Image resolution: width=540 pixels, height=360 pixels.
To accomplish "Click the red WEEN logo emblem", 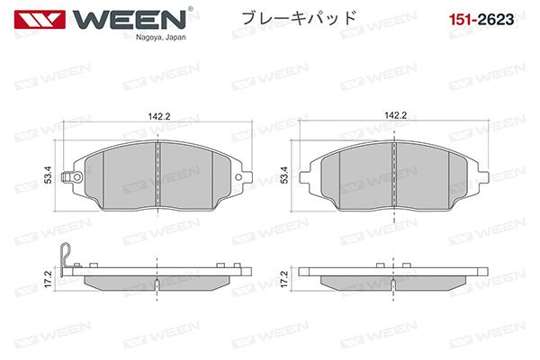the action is tap(40, 19).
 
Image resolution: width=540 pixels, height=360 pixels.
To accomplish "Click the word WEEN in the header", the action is tap(129, 19).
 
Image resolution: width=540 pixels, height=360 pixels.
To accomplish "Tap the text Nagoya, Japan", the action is tap(161, 37).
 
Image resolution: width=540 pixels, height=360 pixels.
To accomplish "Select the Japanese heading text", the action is tap(299, 18).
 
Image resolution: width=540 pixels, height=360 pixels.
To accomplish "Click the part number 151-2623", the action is tap(481, 19).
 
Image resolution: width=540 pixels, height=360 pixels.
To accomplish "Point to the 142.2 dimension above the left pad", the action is tap(159, 116).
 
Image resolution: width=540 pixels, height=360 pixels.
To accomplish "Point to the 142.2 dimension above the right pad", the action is tap(396, 115).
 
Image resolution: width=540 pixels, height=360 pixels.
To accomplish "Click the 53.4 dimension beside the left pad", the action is tap(49, 175).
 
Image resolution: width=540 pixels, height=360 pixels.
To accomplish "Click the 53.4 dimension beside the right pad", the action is tap(284, 175).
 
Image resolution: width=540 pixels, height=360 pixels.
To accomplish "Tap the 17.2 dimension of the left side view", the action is tap(49, 279).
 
